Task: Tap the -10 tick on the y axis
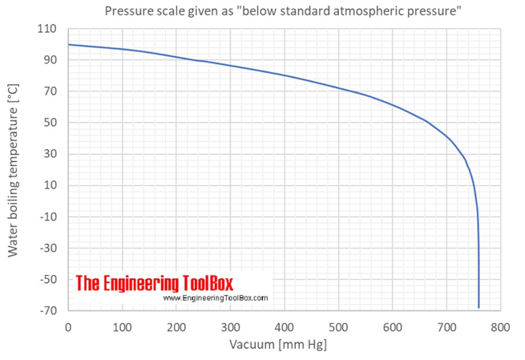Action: [x=49, y=216]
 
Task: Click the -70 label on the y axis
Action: [x=49, y=310]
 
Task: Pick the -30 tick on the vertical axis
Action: [x=49, y=248]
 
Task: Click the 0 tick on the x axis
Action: [x=68, y=326]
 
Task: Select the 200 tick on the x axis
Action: [x=176, y=326]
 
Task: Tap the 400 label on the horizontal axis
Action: [x=285, y=326]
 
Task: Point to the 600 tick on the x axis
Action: [x=393, y=326]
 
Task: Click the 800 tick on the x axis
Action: [x=501, y=326]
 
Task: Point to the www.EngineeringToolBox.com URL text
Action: [x=215, y=298]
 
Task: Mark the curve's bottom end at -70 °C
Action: [x=479, y=307]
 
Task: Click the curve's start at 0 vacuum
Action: [x=69, y=45]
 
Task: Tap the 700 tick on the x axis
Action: [x=447, y=326]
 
